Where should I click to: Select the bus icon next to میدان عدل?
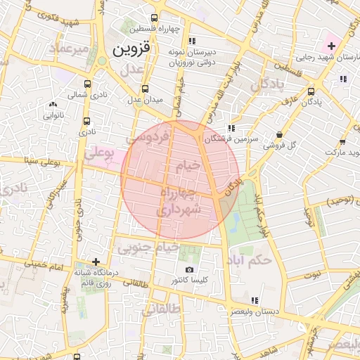(145, 89)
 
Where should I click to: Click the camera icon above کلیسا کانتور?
(188, 270)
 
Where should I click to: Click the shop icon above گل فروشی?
(279, 135)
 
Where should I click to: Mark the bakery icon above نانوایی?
(53, 105)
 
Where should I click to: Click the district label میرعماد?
(70, 49)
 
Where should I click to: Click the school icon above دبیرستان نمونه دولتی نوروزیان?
(191, 41)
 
